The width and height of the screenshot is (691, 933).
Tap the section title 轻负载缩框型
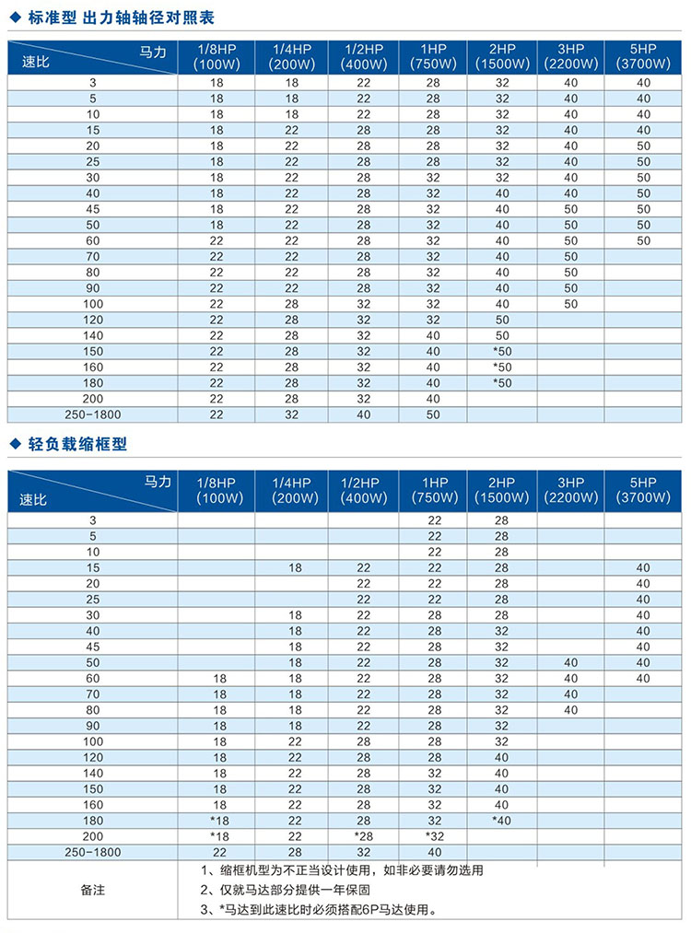[75, 444]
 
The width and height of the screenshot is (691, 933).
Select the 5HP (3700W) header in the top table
[640, 56]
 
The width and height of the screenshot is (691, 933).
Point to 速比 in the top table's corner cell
[34, 64]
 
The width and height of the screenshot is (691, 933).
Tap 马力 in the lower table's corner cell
[158, 482]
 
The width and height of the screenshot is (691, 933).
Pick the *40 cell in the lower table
[501, 821]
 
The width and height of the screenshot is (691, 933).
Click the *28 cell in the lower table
[363, 836]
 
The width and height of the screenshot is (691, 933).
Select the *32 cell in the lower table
[435, 836]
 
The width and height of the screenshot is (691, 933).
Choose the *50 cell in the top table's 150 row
[501, 351]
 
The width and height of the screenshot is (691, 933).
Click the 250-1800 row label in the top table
[93, 414]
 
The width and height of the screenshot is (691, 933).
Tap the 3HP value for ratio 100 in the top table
[570, 304]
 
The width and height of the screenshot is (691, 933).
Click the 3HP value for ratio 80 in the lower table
[570, 710]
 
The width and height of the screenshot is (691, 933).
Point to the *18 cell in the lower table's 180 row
[217, 821]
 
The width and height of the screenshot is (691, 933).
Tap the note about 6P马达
[318, 911]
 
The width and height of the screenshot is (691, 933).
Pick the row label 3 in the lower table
[93, 520]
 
